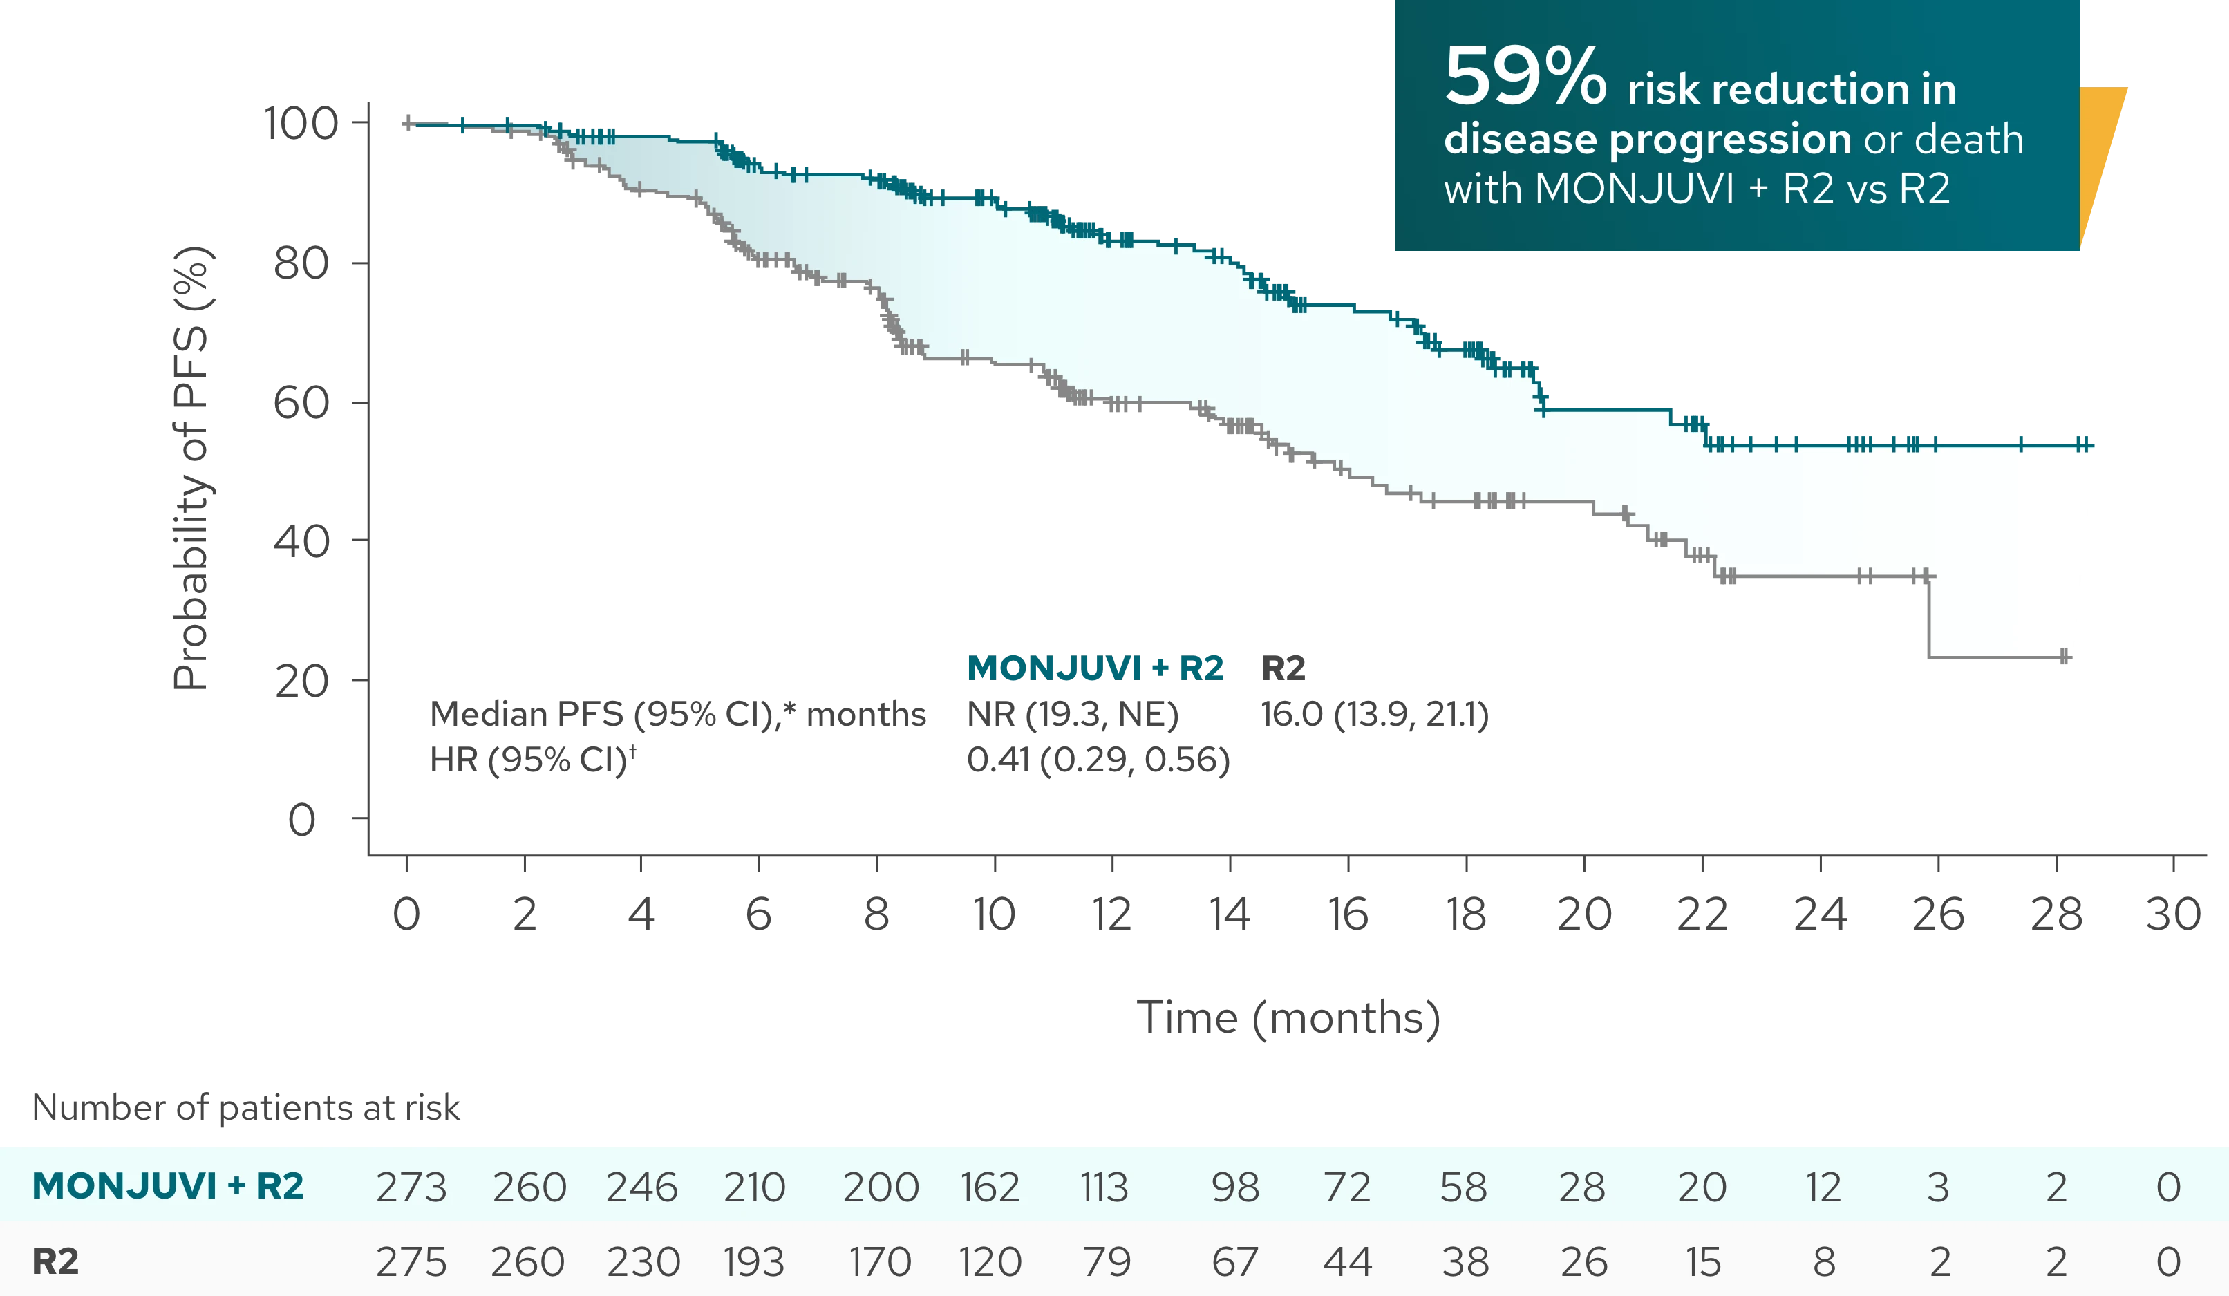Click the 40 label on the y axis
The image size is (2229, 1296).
301,540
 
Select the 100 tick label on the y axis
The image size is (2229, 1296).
301,124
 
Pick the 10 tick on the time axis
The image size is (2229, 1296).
994,914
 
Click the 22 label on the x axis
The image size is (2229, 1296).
1702,914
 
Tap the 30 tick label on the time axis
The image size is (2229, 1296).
2172,914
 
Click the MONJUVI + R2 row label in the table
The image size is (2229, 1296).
168,1185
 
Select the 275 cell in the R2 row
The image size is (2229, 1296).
411,1261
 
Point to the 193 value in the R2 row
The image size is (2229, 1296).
753,1261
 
